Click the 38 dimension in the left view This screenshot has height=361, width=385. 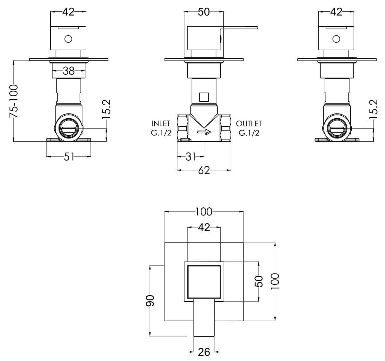(x=69, y=71)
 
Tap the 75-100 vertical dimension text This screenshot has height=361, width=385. (x=14, y=101)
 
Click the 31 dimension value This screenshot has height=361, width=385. (x=191, y=156)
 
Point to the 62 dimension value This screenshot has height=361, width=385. (x=204, y=171)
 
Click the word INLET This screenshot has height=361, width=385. (x=161, y=123)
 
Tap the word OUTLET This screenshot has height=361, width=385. (x=249, y=123)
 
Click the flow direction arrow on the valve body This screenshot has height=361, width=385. (x=204, y=132)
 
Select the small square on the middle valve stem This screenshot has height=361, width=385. (x=204, y=97)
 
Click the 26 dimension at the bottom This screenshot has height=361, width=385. (x=204, y=352)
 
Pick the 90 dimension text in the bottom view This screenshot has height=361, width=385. (x=150, y=300)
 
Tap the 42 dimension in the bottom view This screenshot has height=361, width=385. (x=204, y=227)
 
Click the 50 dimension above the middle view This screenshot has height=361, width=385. (x=204, y=12)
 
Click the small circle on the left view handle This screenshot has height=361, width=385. (x=68, y=39)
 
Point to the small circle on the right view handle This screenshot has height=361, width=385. (x=336, y=39)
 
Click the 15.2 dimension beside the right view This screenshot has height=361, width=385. (x=373, y=109)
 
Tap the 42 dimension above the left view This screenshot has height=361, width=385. (x=68, y=12)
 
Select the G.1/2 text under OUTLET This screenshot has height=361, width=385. (x=249, y=133)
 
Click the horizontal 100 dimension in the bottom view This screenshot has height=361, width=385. (x=204, y=212)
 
